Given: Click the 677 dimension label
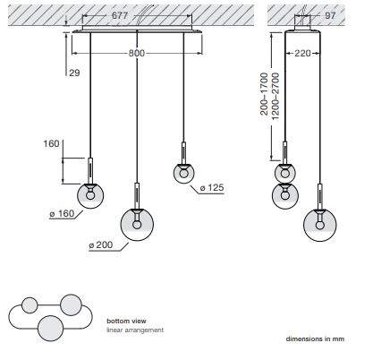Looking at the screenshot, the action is tap(120, 15).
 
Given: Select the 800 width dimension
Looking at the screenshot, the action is tap(137, 53).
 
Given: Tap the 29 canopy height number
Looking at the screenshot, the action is tap(74, 73).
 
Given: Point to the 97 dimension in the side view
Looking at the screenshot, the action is tap(330, 15).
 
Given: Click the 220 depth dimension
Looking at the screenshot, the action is tap(302, 53).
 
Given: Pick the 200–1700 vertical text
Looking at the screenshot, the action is tap(264, 94).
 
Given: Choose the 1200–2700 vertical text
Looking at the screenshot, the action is tap(276, 97).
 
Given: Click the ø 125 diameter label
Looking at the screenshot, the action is tap(212, 188).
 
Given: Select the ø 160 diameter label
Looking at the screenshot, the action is tap(62, 214).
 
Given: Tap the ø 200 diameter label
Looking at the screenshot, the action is tap(101, 245).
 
